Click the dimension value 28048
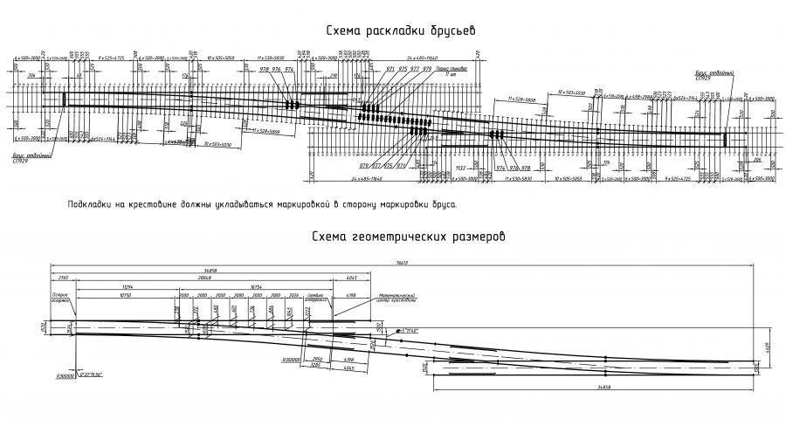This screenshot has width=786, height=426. coord(204,277)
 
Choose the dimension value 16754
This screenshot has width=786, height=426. coord(256,286)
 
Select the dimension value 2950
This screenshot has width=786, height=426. coord(318,359)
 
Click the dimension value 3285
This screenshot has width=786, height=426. coord(318,365)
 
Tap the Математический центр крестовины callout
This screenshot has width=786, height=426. coord(398,299)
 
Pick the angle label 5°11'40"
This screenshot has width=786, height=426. coord(408,332)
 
